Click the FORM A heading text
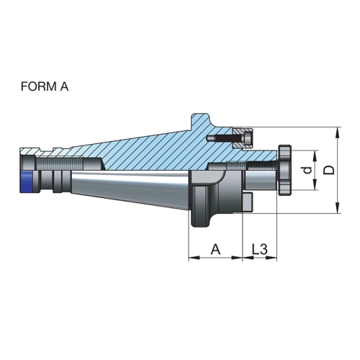click(45, 86)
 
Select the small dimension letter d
click(307, 170)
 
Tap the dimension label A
click(215, 249)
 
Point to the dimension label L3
click(259, 249)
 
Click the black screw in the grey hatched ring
click(229, 139)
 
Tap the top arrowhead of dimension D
click(338, 132)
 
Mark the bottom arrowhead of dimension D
click(338, 207)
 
